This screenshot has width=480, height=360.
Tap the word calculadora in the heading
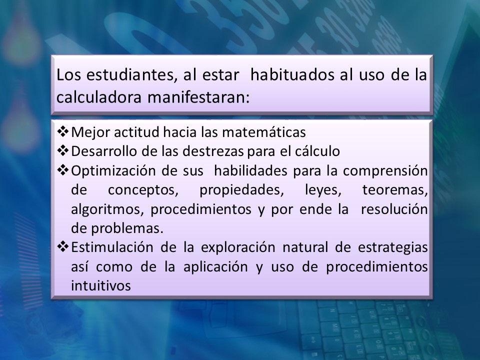[x=99, y=97]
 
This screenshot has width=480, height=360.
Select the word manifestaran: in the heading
[x=198, y=97]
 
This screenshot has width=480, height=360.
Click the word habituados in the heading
[x=292, y=75]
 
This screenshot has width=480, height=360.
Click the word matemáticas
[x=264, y=132]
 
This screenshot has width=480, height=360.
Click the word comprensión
[x=385, y=171]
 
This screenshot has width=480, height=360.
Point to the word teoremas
[x=395, y=190]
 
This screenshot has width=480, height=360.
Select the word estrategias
[x=393, y=247]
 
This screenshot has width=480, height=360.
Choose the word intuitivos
[x=101, y=285]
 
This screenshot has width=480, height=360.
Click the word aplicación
[x=215, y=267]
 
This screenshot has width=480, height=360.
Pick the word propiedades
[x=242, y=190]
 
